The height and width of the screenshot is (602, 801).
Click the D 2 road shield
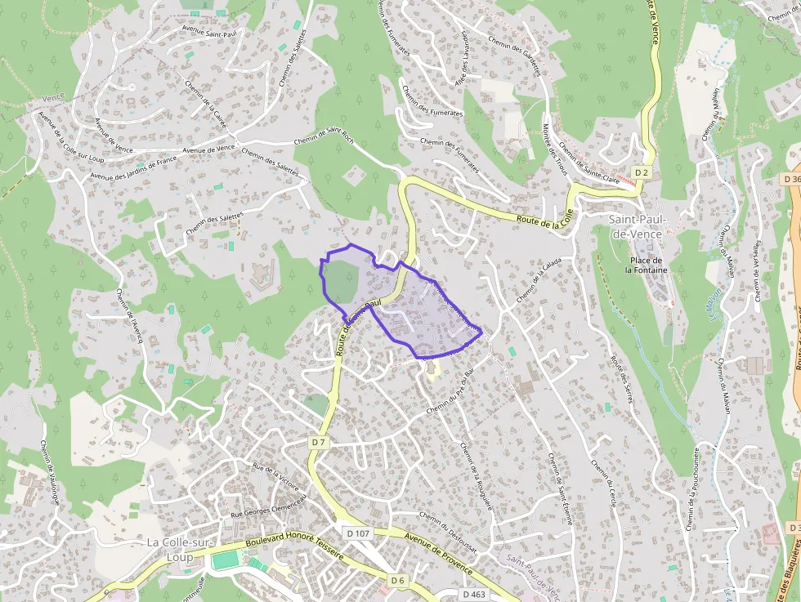[x=642, y=172]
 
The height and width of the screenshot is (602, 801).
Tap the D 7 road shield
[x=319, y=442]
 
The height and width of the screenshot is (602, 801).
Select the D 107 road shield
[x=358, y=533]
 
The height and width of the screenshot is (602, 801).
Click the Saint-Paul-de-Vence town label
[x=639, y=226]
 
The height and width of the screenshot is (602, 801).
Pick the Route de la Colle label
[x=541, y=221]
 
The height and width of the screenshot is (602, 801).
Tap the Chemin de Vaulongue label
[x=49, y=474]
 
